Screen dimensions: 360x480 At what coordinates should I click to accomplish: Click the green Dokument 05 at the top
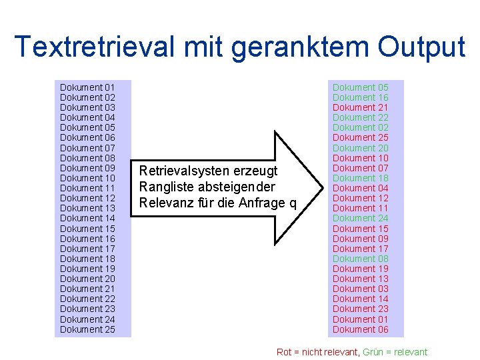(360, 87)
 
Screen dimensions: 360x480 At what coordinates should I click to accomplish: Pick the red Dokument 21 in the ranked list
(360, 107)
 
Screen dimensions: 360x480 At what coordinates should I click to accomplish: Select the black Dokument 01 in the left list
(87, 87)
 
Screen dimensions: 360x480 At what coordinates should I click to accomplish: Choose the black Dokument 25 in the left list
(87, 329)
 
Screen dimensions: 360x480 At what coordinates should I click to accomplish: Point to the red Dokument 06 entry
(360, 329)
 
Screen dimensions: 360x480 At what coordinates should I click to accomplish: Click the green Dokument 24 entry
(360, 218)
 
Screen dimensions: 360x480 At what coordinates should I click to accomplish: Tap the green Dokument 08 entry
(360, 259)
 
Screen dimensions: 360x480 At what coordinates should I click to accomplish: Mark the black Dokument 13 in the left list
(87, 208)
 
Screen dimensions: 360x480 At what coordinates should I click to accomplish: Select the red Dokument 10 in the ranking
(360, 158)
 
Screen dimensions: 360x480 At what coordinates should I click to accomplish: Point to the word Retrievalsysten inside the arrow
(175, 171)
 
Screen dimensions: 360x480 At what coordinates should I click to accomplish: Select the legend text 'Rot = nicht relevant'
(317, 352)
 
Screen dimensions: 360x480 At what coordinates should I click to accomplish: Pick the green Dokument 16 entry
(360, 97)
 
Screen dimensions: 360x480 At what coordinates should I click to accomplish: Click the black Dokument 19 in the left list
(87, 269)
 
